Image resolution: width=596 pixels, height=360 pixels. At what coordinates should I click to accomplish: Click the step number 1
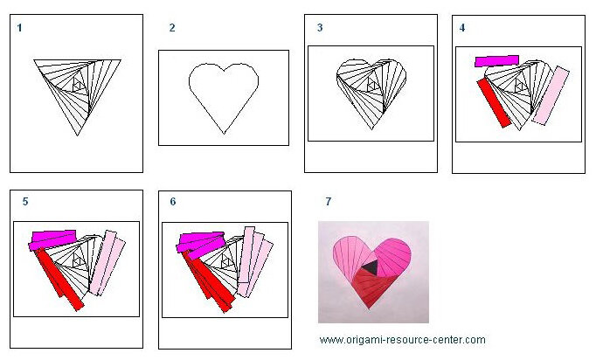[x=20, y=28]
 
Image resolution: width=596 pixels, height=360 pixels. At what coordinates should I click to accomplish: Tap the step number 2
[x=172, y=28]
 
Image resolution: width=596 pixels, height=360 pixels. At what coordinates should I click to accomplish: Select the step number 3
[x=320, y=27]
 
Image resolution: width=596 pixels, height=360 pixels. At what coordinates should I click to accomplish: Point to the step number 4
[x=462, y=28]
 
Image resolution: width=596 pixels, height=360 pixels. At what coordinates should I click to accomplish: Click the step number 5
[x=25, y=202]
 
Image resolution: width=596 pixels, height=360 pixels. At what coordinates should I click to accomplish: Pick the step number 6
[x=173, y=202]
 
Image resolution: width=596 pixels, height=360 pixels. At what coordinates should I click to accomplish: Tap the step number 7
[x=329, y=202]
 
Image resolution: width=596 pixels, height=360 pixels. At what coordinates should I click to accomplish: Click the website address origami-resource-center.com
[x=403, y=340]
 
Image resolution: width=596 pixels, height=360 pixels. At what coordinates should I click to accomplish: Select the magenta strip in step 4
[x=496, y=61]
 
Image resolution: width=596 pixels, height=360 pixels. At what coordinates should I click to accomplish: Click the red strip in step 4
[x=494, y=102]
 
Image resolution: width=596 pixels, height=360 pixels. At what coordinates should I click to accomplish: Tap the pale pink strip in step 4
[x=551, y=95]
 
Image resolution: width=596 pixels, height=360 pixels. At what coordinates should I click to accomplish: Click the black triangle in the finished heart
[x=370, y=267]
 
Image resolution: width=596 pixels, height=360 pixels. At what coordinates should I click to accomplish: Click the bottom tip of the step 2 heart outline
[x=224, y=134]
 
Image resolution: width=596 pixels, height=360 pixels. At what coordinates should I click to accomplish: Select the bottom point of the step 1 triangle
[x=78, y=135]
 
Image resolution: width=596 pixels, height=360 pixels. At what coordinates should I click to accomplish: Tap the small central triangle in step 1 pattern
[x=79, y=87]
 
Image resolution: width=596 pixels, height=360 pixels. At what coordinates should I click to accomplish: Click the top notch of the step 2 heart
[x=224, y=70]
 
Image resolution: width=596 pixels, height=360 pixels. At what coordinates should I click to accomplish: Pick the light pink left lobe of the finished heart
[x=349, y=255]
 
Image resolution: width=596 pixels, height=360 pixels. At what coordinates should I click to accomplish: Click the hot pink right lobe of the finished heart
[x=392, y=255]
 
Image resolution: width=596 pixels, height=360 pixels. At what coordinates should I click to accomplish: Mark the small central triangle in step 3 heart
[x=372, y=86]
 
